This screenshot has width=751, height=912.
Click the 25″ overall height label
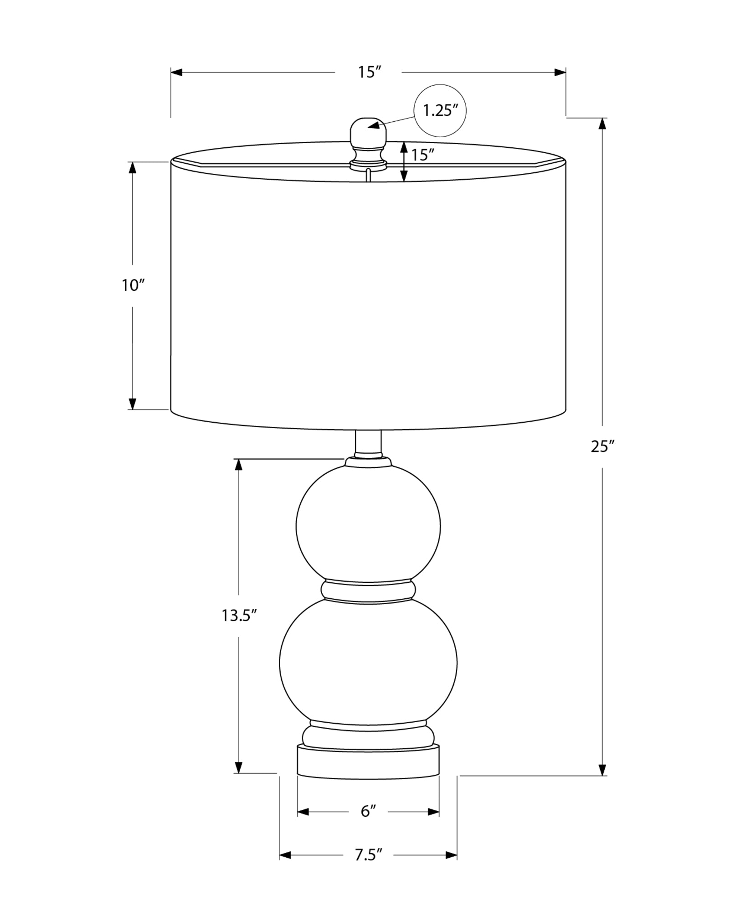[x=603, y=447]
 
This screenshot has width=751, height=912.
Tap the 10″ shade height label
[x=133, y=286]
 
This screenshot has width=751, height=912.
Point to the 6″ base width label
[x=368, y=812]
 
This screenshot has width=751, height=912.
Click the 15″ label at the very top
[x=369, y=72]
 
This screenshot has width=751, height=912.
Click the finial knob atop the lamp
[x=368, y=139]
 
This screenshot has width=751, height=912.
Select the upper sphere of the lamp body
[x=368, y=525]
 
